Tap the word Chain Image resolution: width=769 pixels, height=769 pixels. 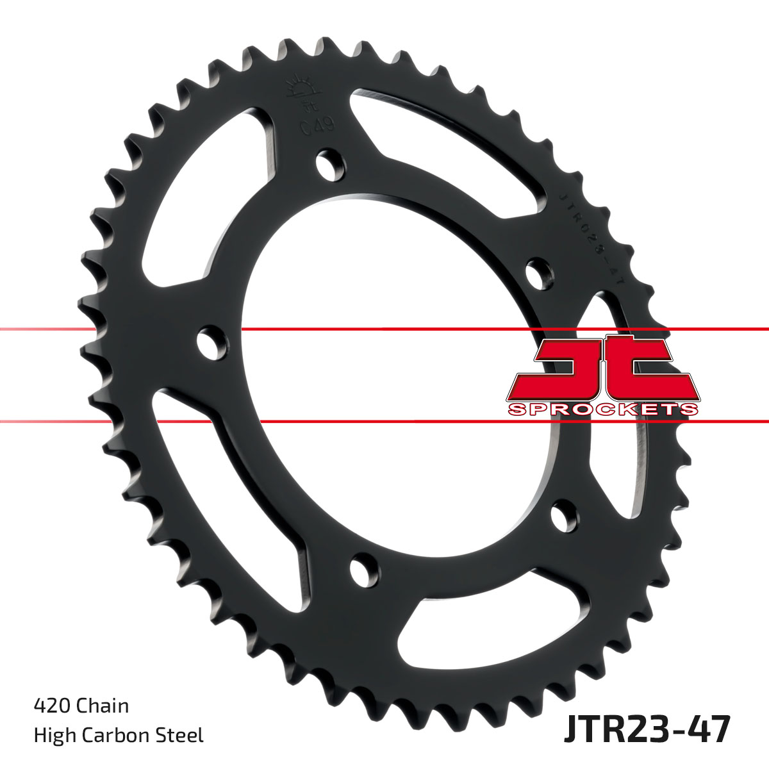103,706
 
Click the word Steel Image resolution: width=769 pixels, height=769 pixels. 183,735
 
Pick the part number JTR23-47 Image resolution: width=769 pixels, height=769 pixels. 647,731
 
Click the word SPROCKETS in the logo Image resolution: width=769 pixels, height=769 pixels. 602,409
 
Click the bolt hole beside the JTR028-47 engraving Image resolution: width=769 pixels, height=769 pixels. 538,272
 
